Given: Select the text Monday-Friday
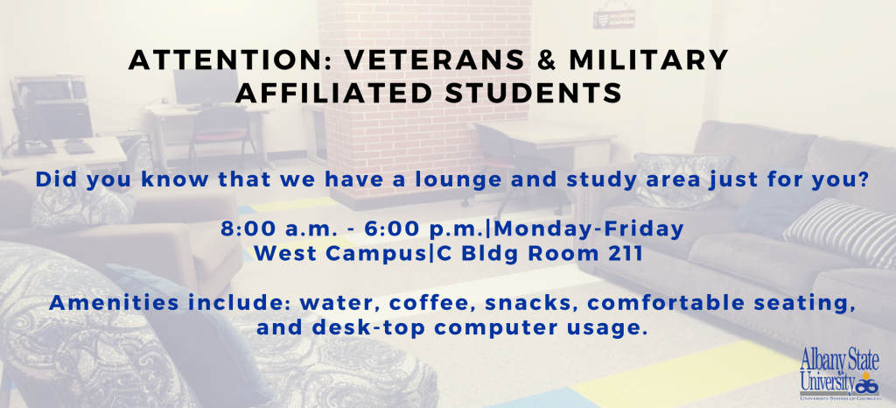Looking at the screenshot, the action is (x=591, y=229).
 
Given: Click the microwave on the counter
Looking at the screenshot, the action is (x=50, y=89).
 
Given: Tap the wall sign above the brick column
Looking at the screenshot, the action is (x=613, y=18).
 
